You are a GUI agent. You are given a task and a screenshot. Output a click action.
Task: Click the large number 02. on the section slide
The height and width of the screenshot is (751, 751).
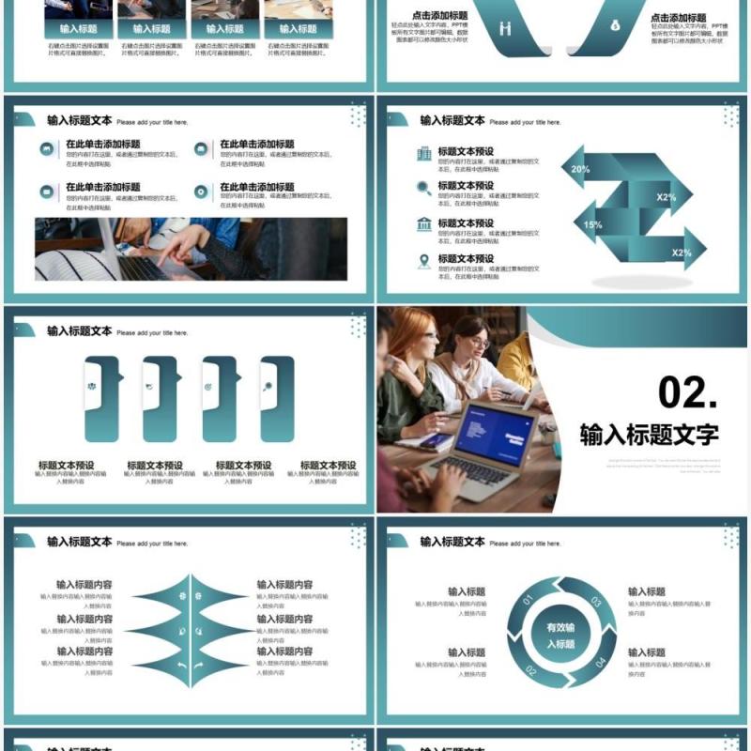point(687,392)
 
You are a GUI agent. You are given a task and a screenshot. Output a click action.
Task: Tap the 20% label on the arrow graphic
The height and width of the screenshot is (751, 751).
point(580,170)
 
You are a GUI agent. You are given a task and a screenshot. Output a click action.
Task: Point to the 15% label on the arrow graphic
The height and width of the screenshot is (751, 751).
point(592,225)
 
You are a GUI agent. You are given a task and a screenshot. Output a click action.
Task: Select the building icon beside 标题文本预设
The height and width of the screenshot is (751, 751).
point(424,153)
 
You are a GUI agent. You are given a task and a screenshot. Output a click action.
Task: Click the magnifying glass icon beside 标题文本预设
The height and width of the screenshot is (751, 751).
point(424,188)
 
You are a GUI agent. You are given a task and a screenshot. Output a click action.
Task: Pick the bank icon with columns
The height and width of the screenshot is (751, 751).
point(424,223)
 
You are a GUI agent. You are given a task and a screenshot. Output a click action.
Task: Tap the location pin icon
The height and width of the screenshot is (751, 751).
point(424,260)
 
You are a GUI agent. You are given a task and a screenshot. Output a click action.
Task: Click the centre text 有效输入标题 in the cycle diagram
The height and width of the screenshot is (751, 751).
point(560,636)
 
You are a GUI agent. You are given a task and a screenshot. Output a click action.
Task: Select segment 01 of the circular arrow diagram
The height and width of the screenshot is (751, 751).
point(527,600)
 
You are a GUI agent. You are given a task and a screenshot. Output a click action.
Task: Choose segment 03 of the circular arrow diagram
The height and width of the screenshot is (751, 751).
point(595,602)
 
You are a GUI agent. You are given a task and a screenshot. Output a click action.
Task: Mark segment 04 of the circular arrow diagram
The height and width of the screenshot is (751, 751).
point(599,663)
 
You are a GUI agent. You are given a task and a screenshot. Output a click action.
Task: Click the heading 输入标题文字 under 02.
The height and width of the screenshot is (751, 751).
point(649,435)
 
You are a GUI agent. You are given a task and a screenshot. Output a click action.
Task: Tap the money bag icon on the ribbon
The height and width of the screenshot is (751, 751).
point(615,25)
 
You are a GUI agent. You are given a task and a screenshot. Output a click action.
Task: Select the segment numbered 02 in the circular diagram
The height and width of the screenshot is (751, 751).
point(531,669)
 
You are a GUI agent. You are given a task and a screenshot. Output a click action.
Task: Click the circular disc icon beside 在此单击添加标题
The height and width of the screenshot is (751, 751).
point(201,192)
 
